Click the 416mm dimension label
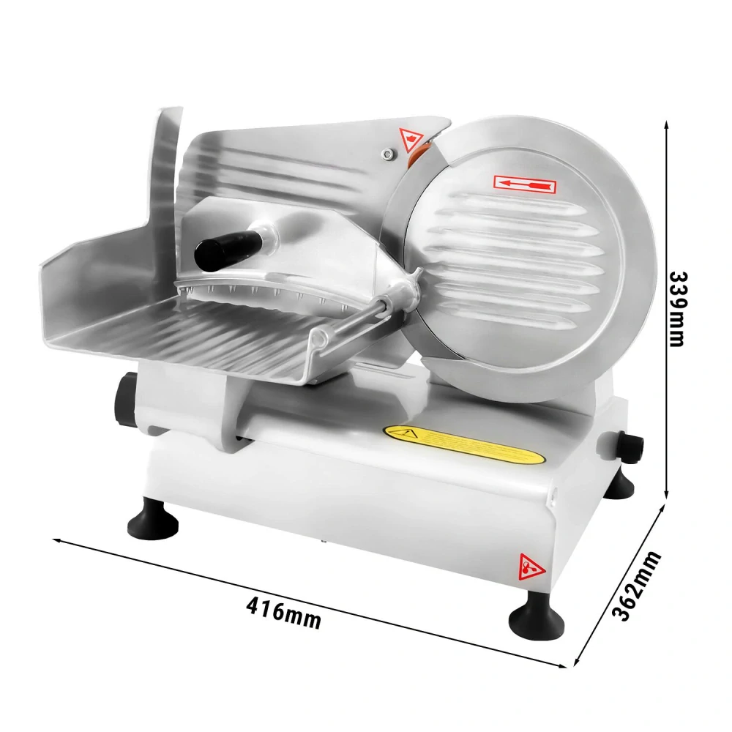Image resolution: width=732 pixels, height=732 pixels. [283, 613]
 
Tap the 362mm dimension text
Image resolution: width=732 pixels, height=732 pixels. [635, 586]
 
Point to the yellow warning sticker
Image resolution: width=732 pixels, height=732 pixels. [464, 444]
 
